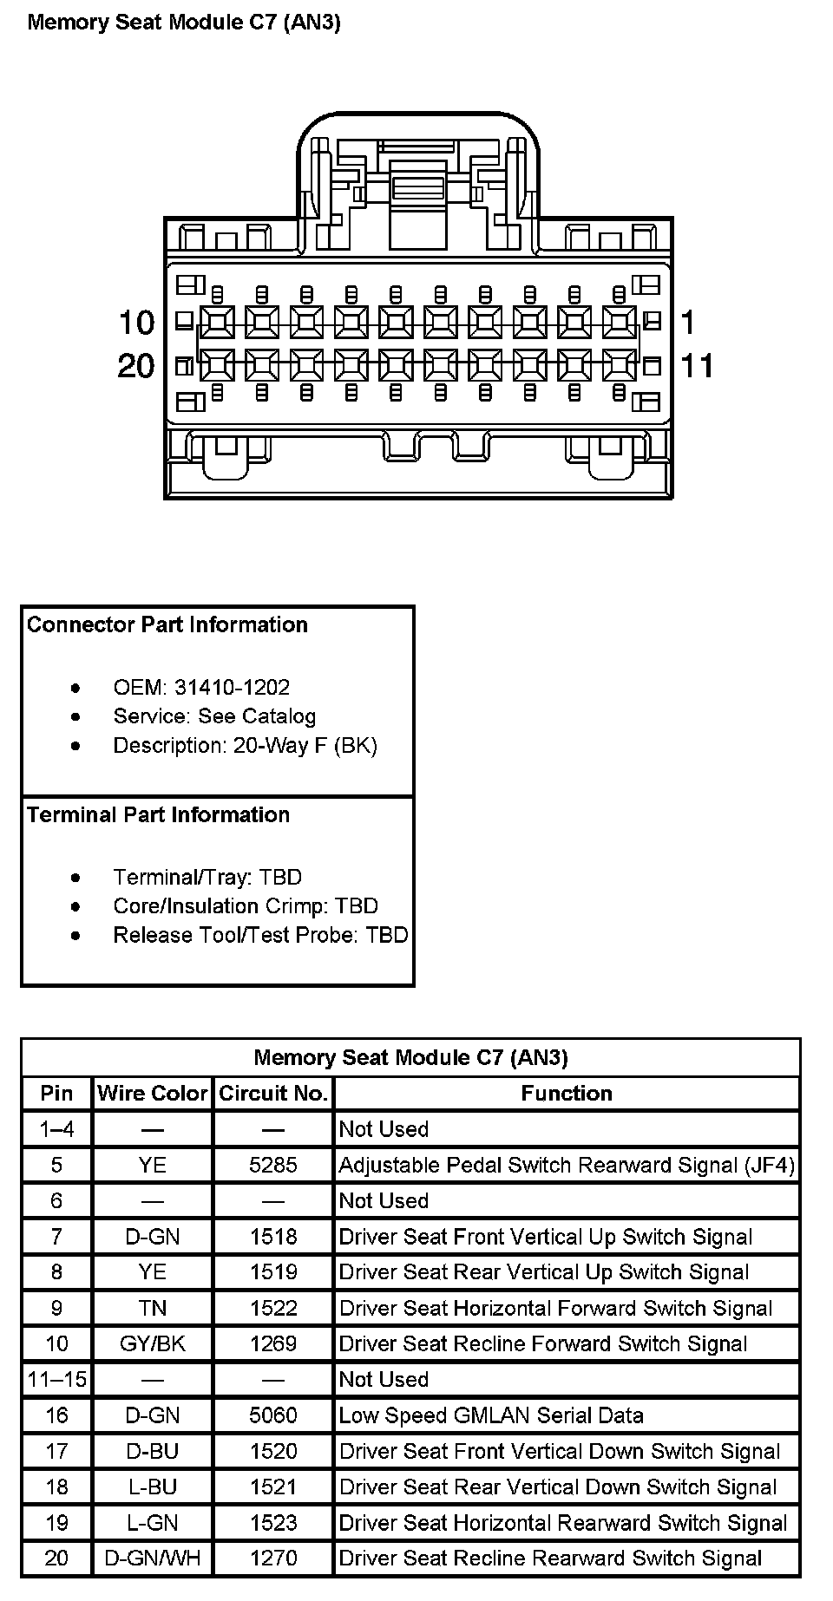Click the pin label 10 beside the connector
[x=136, y=323]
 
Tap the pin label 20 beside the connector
[x=135, y=365]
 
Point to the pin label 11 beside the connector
[x=697, y=365]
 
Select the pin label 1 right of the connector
[x=688, y=323]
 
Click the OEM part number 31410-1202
[x=232, y=688]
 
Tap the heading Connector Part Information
[x=167, y=624]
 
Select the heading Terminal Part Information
[x=159, y=814]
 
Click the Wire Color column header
[x=153, y=1093]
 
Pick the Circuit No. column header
[x=273, y=1093]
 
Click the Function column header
[x=567, y=1093]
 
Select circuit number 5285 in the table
[x=273, y=1165]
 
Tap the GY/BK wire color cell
[x=153, y=1343]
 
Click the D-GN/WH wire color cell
[x=153, y=1558]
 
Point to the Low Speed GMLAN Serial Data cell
[x=491, y=1415]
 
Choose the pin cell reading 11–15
[x=57, y=1379]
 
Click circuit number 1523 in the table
[x=273, y=1522]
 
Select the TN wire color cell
[x=153, y=1308]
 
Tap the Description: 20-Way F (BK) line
[x=245, y=746]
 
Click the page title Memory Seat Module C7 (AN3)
[x=184, y=23]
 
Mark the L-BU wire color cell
[x=153, y=1487]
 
